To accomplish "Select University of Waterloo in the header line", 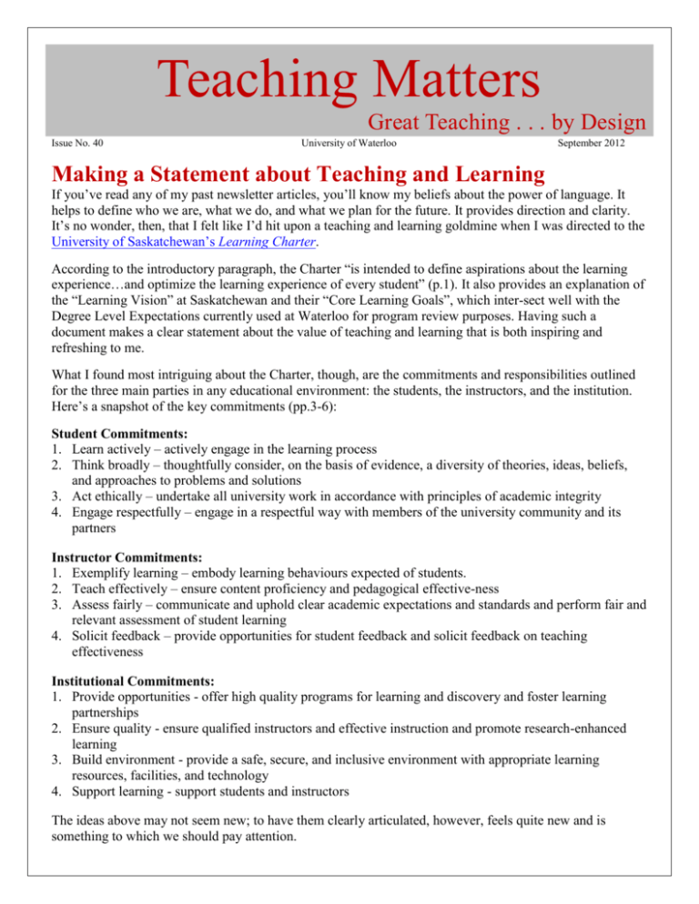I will click(350, 144).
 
